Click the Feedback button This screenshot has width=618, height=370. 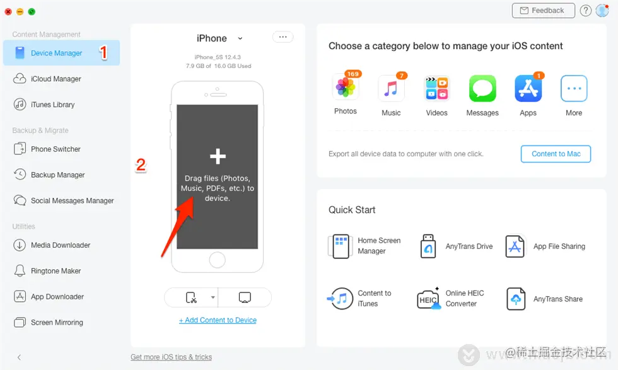pos(543,11)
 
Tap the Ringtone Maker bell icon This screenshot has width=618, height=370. pos(20,270)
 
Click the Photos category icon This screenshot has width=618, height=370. pos(346,88)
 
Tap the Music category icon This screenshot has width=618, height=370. pos(391,89)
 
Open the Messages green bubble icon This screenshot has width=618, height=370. pos(482,89)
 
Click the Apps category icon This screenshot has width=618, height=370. pos(528,89)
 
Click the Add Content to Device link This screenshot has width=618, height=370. pos(218,320)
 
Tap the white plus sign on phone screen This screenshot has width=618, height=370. pos(218,156)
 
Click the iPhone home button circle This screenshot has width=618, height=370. pos(217,260)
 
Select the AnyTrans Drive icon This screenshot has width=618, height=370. pos(428,246)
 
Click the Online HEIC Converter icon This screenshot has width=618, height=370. pos(429,299)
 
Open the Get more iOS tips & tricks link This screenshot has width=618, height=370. pos(171,357)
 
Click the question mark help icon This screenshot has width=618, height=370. pos(586,11)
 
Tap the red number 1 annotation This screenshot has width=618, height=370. pos(103,52)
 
